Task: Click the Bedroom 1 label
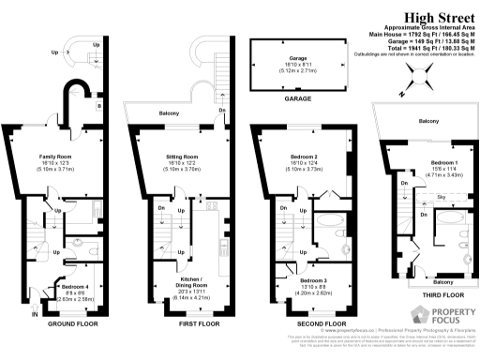tap(413, 162)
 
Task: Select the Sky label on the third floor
tap(415, 199)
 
